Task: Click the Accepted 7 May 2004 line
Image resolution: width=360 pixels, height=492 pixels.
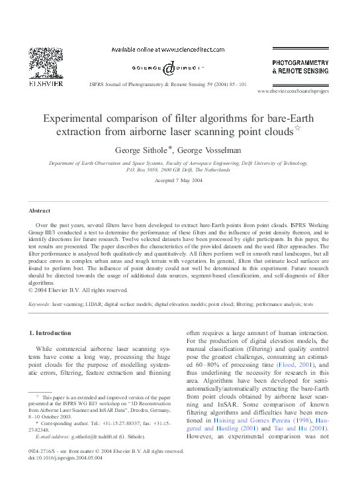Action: pyautogui.click(x=179, y=180)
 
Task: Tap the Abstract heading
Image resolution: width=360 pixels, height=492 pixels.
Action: pyautogui.click(x=39, y=211)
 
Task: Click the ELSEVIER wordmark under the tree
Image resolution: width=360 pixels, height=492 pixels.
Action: pyautogui.click(x=46, y=84)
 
